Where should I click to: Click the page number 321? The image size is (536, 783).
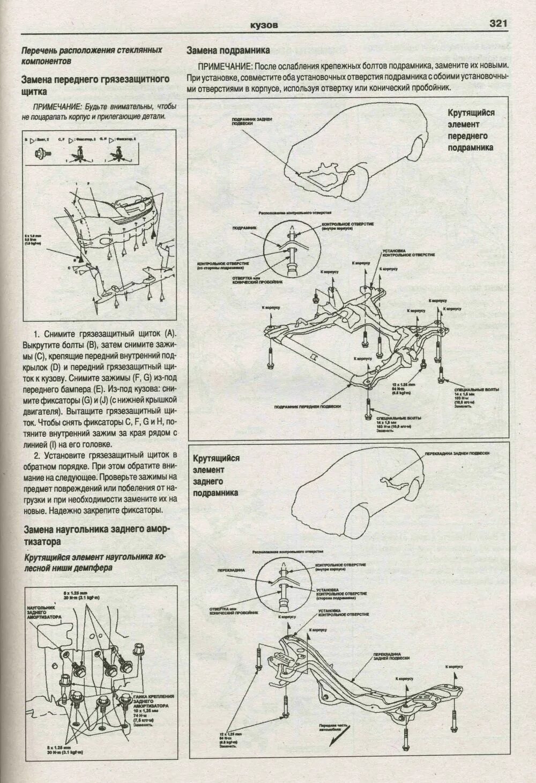point(497,24)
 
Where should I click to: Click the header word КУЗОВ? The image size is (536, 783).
point(264,25)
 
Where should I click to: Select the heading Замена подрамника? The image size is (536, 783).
point(227,51)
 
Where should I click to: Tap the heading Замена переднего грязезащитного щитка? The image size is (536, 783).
point(95,85)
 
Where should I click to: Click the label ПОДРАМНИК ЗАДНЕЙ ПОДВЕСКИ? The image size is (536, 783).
point(247,121)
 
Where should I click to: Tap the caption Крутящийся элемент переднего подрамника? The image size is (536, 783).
point(471,130)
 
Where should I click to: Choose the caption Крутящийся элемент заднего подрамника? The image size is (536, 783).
point(217,475)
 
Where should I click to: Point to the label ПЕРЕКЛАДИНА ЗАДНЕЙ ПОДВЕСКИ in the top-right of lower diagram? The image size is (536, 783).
point(457,453)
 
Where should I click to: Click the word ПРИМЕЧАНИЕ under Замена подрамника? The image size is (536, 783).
point(225,66)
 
